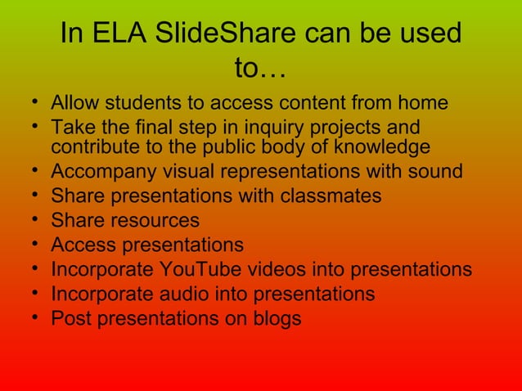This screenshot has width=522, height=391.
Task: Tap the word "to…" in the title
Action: [x=260, y=70]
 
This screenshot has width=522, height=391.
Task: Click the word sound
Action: [x=435, y=173]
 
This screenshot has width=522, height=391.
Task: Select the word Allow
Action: [x=71, y=104]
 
